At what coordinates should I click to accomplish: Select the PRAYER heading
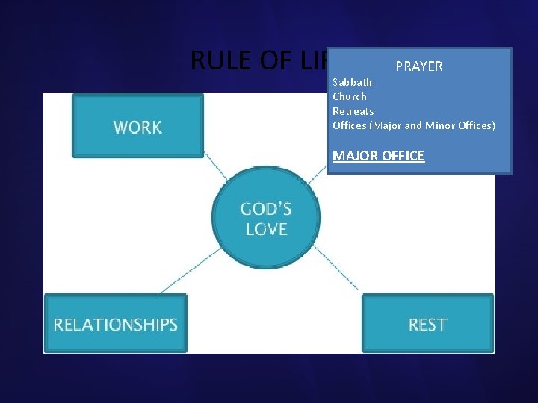click(x=419, y=66)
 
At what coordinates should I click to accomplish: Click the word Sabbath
click(x=352, y=82)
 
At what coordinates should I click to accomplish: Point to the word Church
click(x=350, y=96)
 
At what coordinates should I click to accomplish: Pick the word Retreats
click(x=353, y=111)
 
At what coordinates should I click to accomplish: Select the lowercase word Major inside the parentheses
click(x=387, y=125)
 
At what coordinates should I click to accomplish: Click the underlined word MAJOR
click(x=354, y=156)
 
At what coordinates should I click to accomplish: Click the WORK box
click(x=137, y=126)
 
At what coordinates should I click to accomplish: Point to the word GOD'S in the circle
click(x=266, y=208)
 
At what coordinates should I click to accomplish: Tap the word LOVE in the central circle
click(x=266, y=228)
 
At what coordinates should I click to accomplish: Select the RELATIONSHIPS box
click(x=115, y=324)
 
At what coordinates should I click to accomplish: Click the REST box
click(x=427, y=324)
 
